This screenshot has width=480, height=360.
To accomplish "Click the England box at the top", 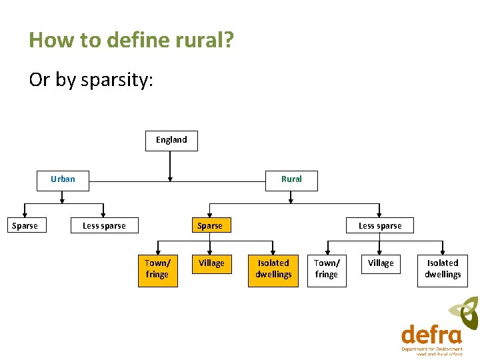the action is tap(171, 141).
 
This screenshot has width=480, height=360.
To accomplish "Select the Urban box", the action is tap(63, 180).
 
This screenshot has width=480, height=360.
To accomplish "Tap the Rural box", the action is tap(291, 180).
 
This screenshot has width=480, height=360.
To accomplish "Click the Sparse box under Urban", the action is tap(25, 226).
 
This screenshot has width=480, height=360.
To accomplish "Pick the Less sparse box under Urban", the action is tap(104, 226).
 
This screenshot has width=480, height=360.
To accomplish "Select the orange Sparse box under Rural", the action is tap(209, 226).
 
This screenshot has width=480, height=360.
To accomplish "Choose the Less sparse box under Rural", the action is tap(380, 226).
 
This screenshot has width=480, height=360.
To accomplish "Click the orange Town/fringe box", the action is tap(157, 269).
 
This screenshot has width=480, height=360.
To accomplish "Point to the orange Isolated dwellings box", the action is tap(273, 269).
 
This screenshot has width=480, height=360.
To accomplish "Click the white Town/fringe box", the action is tap(326, 269).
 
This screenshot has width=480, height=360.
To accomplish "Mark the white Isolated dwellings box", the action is tap(443, 269).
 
